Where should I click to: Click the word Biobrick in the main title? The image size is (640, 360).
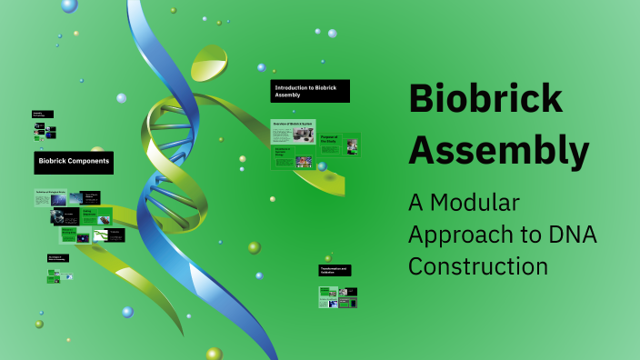pyautogui.click(x=485, y=98)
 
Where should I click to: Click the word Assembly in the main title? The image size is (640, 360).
pyautogui.click(x=498, y=150)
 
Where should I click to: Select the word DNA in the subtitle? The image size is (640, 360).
pyautogui.click(x=572, y=234)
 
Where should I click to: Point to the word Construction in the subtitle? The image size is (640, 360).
pyautogui.click(x=477, y=266)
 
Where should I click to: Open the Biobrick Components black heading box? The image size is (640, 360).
pyautogui.click(x=74, y=163)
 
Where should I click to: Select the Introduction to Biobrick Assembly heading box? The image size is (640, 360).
pyautogui.click(x=309, y=91)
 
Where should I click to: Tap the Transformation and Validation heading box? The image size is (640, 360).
pyautogui.click(x=335, y=270)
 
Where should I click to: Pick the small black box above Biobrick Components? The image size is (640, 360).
pyautogui.click(x=43, y=115)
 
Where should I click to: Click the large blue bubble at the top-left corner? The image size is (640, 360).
pyautogui.click(x=69, y=5)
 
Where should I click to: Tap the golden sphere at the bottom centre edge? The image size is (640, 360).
pyautogui.click(x=214, y=353)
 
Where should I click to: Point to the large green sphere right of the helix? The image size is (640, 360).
pyautogui.click(x=255, y=247)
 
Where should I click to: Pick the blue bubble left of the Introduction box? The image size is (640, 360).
pyautogui.click(x=261, y=67)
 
